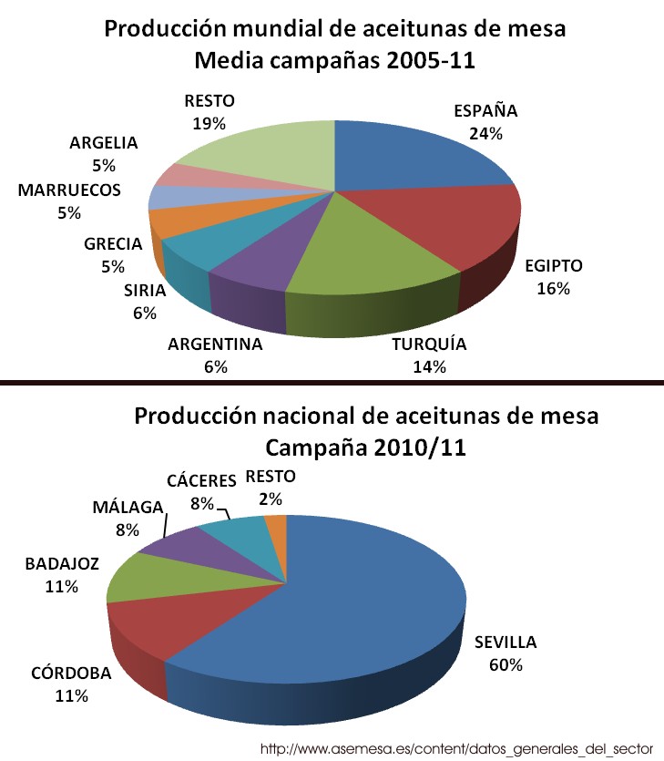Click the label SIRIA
[145, 292]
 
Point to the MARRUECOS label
[69, 190]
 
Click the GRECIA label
[113, 244]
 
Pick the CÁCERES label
[201, 480]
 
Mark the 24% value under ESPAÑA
[486, 133]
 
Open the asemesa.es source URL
[456, 747]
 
